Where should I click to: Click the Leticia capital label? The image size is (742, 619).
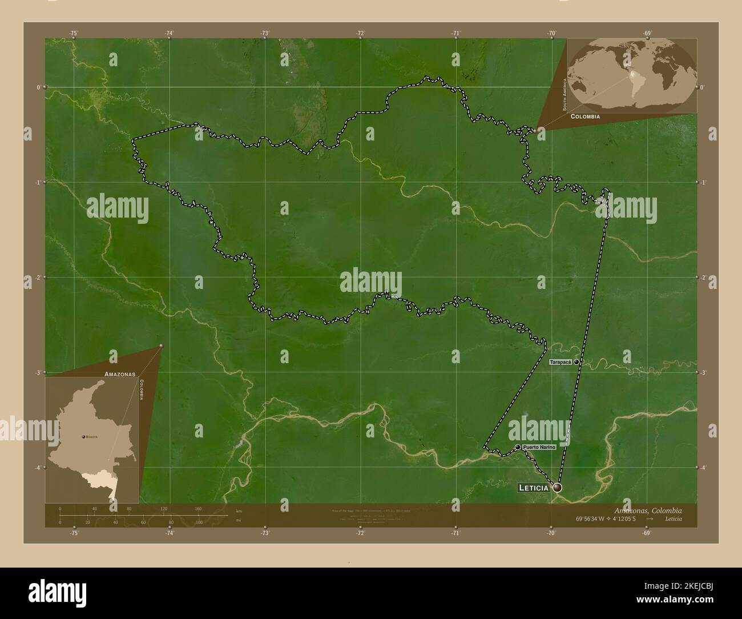(533, 488)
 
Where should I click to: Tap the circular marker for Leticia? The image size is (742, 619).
(557, 488)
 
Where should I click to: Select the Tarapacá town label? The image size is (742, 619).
(561, 362)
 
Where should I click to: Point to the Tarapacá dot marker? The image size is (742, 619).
(576, 362)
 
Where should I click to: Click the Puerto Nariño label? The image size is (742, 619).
(538, 447)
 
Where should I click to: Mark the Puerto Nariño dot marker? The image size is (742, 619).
(518, 447)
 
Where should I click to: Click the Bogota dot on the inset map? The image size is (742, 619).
(84, 436)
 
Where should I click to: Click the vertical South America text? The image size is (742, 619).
(564, 94)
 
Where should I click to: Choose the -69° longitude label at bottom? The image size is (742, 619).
(647, 533)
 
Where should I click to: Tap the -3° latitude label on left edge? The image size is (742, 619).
(38, 372)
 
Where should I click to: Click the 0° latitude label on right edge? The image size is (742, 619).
(702, 87)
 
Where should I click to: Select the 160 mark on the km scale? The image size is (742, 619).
(198, 508)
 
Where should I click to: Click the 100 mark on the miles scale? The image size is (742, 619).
(199, 522)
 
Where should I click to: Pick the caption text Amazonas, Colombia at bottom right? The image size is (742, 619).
(648, 511)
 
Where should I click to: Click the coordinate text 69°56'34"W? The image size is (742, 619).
(592, 519)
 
